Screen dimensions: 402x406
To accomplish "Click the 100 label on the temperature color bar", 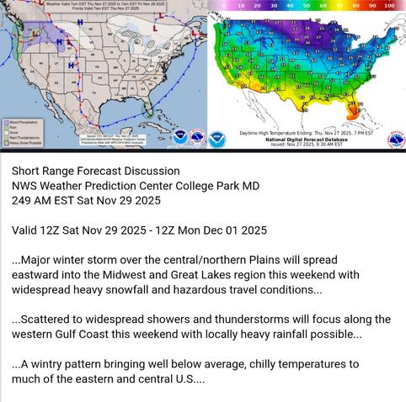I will pos(388,5).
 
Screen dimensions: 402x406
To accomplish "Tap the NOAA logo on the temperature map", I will pos(218,137).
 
